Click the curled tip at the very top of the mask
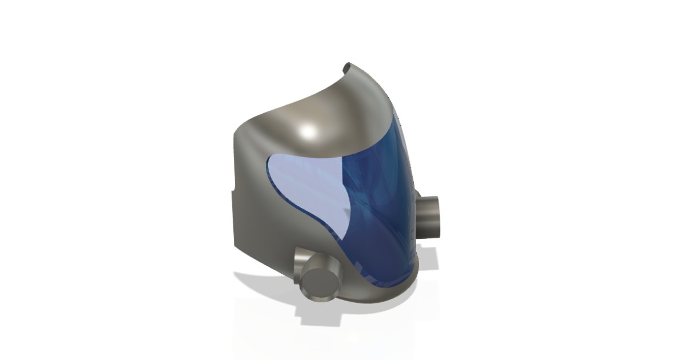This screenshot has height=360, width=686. click(x=347, y=68)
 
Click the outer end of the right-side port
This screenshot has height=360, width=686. click(x=437, y=215)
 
